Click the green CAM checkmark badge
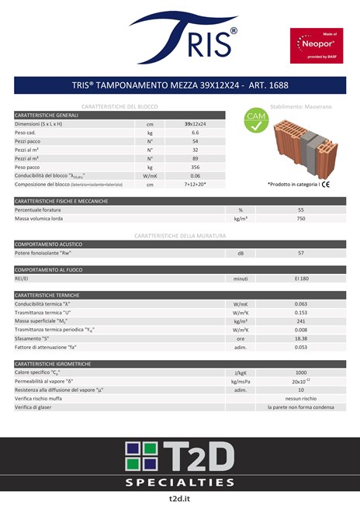pyautogui.click(x=257, y=123)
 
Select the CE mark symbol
pyautogui.click(x=326, y=185)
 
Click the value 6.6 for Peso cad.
pyautogui.click(x=196, y=133)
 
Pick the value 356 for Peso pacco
pyautogui.click(x=196, y=167)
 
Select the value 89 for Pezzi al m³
pyautogui.click(x=196, y=158)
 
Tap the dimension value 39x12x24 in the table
pyautogui.click(x=196, y=124)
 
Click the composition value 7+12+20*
pyautogui.click(x=196, y=185)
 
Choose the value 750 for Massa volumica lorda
pyautogui.click(x=300, y=219)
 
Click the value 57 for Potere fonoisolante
pyautogui.click(x=300, y=253)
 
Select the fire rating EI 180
pyautogui.click(x=300, y=278)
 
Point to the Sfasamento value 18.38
pyautogui.click(x=300, y=338)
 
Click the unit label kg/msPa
pyautogui.click(x=241, y=381)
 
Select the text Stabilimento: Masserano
pyautogui.click(x=300, y=105)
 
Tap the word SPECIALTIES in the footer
pyautogui.click(x=179, y=482)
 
